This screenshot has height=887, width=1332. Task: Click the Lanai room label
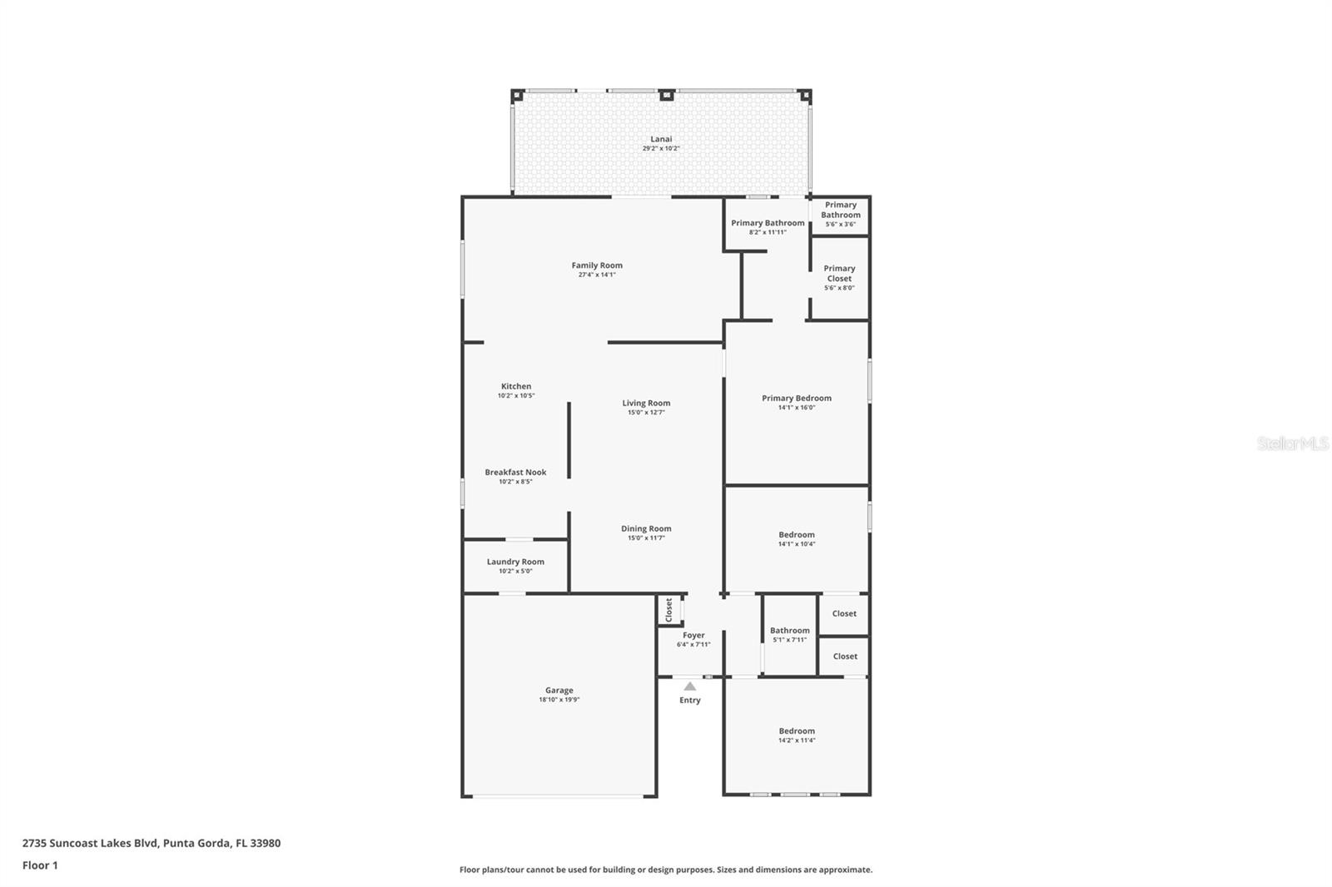click(661, 139)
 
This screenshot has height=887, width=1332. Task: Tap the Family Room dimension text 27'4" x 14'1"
click(597, 275)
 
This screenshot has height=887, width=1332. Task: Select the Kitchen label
click(516, 386)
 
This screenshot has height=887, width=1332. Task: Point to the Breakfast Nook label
click(515, 472)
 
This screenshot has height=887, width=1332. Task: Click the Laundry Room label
click(515, 562)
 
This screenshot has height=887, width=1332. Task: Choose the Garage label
click(559, 690)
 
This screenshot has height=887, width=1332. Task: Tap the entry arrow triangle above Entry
click(689, 686)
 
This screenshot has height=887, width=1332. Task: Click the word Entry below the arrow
click(689, 701)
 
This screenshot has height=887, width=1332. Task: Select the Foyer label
click(693, 635)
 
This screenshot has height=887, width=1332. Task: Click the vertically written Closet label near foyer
click(668, 610)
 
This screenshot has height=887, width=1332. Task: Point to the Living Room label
click(646, 403)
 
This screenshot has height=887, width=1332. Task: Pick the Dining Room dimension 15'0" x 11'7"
click(646, 538)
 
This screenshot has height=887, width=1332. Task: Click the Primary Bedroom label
click(796, 398)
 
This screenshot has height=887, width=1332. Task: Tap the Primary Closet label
click(839, 273)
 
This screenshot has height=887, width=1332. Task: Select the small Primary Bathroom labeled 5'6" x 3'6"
click(841, 210)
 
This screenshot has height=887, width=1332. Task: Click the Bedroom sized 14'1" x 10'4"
click(797, 535)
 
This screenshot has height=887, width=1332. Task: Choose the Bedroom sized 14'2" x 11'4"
click(797, 731)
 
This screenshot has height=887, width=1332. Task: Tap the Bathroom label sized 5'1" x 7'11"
click(789, 630)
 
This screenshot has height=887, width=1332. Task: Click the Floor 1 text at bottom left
click(40, 865)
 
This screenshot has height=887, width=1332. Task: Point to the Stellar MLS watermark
click(1292, 443)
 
